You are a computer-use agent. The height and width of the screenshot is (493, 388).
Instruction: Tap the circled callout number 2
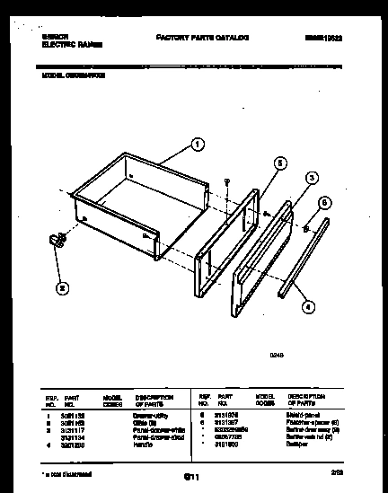(60, 289)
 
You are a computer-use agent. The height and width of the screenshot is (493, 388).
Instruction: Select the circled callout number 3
(312, 179)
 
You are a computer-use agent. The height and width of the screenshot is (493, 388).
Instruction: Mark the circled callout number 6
(324, 203)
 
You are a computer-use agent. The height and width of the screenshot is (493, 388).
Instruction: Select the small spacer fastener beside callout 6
(308, 230)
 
